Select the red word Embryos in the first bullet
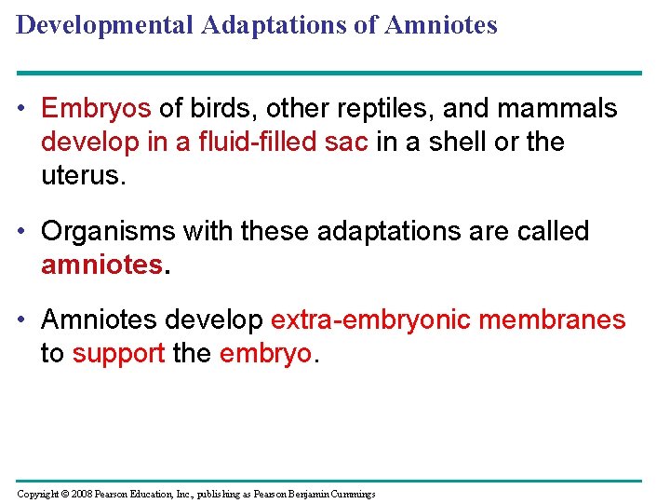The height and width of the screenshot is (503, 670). click(95, 109)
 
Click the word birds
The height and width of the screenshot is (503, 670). click(220, 109)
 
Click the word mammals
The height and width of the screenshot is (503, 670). click(557, 109)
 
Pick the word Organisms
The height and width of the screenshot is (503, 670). click(110, 232)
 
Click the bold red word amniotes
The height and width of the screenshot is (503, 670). click(101, 265)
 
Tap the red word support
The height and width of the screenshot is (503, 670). click(119, 354)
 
